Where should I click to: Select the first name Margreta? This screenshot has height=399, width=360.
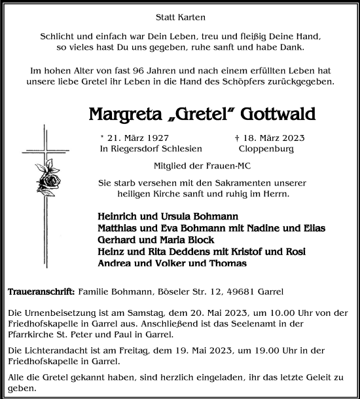[x=124, y=113]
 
